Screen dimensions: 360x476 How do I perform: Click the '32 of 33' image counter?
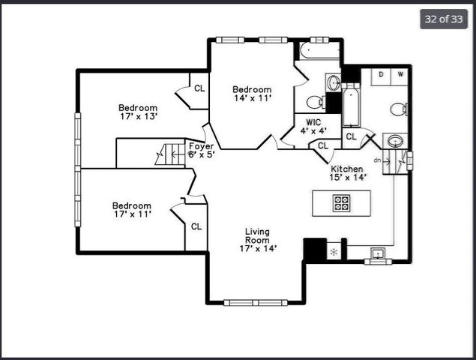(443, 19)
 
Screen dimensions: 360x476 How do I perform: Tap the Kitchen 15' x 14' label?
(348, 173)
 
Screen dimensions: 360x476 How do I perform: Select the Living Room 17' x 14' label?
(258, 240)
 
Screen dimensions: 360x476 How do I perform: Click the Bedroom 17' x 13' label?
(138, 112)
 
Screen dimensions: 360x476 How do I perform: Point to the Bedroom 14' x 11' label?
(251, 94)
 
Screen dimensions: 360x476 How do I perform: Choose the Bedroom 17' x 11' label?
(132, 210)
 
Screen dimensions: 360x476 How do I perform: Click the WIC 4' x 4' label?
(313, 125)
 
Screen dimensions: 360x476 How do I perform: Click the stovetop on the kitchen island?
(342, 202)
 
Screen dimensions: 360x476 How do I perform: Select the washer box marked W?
(400, 74)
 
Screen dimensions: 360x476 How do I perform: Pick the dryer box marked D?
(382, 74)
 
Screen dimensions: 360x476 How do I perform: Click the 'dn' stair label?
(378, 160)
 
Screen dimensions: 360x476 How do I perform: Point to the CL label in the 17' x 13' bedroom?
(199, 88)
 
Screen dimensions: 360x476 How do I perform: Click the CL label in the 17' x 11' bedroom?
(196, 226)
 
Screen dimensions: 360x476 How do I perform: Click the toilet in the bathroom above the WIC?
(316, 102)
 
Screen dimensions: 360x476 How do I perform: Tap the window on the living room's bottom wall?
(256, 302)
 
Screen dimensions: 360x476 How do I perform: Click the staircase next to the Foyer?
(169, 154)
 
